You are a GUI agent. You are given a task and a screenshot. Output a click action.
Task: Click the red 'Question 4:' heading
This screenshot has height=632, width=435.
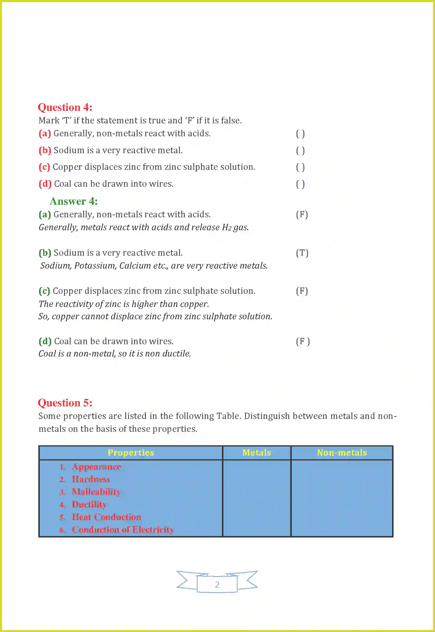click(x=65, y=107)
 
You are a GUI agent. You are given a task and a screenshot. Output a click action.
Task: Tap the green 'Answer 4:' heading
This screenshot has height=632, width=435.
click(x=74, y=201)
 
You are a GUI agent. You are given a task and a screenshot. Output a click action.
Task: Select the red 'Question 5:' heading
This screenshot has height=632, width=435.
click(x=65, y=403)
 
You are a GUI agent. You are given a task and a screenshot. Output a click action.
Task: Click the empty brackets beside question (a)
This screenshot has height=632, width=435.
click(x=300, y=134)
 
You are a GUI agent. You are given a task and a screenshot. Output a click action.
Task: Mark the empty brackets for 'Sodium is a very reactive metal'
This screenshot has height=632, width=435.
click(x=300, y=151)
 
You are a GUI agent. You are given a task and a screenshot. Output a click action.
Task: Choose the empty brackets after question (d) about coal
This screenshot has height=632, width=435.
click(x=300, y=184)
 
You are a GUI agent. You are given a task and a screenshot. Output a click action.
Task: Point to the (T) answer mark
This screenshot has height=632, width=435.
click(x=302, y=253)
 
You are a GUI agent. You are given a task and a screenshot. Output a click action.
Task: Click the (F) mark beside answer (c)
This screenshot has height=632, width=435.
click(x=302, y=291)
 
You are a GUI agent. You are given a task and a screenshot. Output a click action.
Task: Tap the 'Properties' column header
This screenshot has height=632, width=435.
click(x=131, y=453)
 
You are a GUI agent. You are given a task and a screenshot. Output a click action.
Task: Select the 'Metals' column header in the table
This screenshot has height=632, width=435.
click(x=257, y=453)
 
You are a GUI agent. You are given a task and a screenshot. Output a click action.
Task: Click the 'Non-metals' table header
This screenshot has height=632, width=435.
click(x=342, y=453)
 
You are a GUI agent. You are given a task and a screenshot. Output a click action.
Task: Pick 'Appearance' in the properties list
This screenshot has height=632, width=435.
click(x=96, y=467)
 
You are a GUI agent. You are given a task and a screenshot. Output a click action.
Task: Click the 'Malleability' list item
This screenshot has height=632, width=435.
click(x=96, y=492)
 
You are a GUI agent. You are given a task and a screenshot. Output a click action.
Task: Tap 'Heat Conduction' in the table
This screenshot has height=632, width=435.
click(x=106, y=517)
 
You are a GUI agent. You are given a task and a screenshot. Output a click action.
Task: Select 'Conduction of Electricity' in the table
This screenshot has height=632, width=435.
click(x=123, y=529)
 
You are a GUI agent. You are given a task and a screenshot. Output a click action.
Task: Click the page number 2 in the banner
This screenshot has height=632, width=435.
click(x=217, y=584)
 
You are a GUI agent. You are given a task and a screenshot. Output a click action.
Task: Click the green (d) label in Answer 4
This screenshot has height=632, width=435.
click(x=45, y=341)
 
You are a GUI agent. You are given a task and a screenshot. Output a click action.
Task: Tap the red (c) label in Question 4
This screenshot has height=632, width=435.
click(x=44, y=167)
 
